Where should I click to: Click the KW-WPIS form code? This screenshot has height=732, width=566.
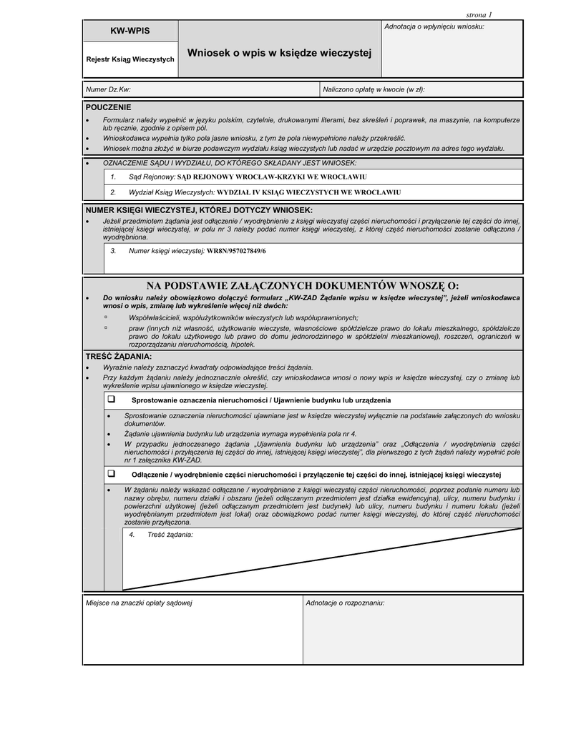(130, 32)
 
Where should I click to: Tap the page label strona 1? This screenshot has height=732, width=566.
(479, 14)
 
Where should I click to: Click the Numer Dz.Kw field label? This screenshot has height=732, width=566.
(108, 89)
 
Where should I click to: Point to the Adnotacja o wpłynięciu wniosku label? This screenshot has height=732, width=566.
(434, 26)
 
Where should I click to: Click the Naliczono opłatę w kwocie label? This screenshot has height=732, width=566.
(374, 89)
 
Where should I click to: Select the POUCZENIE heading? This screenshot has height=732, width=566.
(109, 107)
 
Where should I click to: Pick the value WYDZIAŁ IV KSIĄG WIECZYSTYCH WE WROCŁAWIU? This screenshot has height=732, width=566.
(308, 192)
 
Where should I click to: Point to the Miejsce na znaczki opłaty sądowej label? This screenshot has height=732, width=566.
(139, 603)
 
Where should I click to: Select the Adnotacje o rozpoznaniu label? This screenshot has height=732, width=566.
(345, 603)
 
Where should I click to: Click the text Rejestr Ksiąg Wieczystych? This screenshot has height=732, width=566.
(130, 59)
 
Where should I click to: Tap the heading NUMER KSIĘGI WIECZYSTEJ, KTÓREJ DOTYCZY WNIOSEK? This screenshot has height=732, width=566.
(199, 210)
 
